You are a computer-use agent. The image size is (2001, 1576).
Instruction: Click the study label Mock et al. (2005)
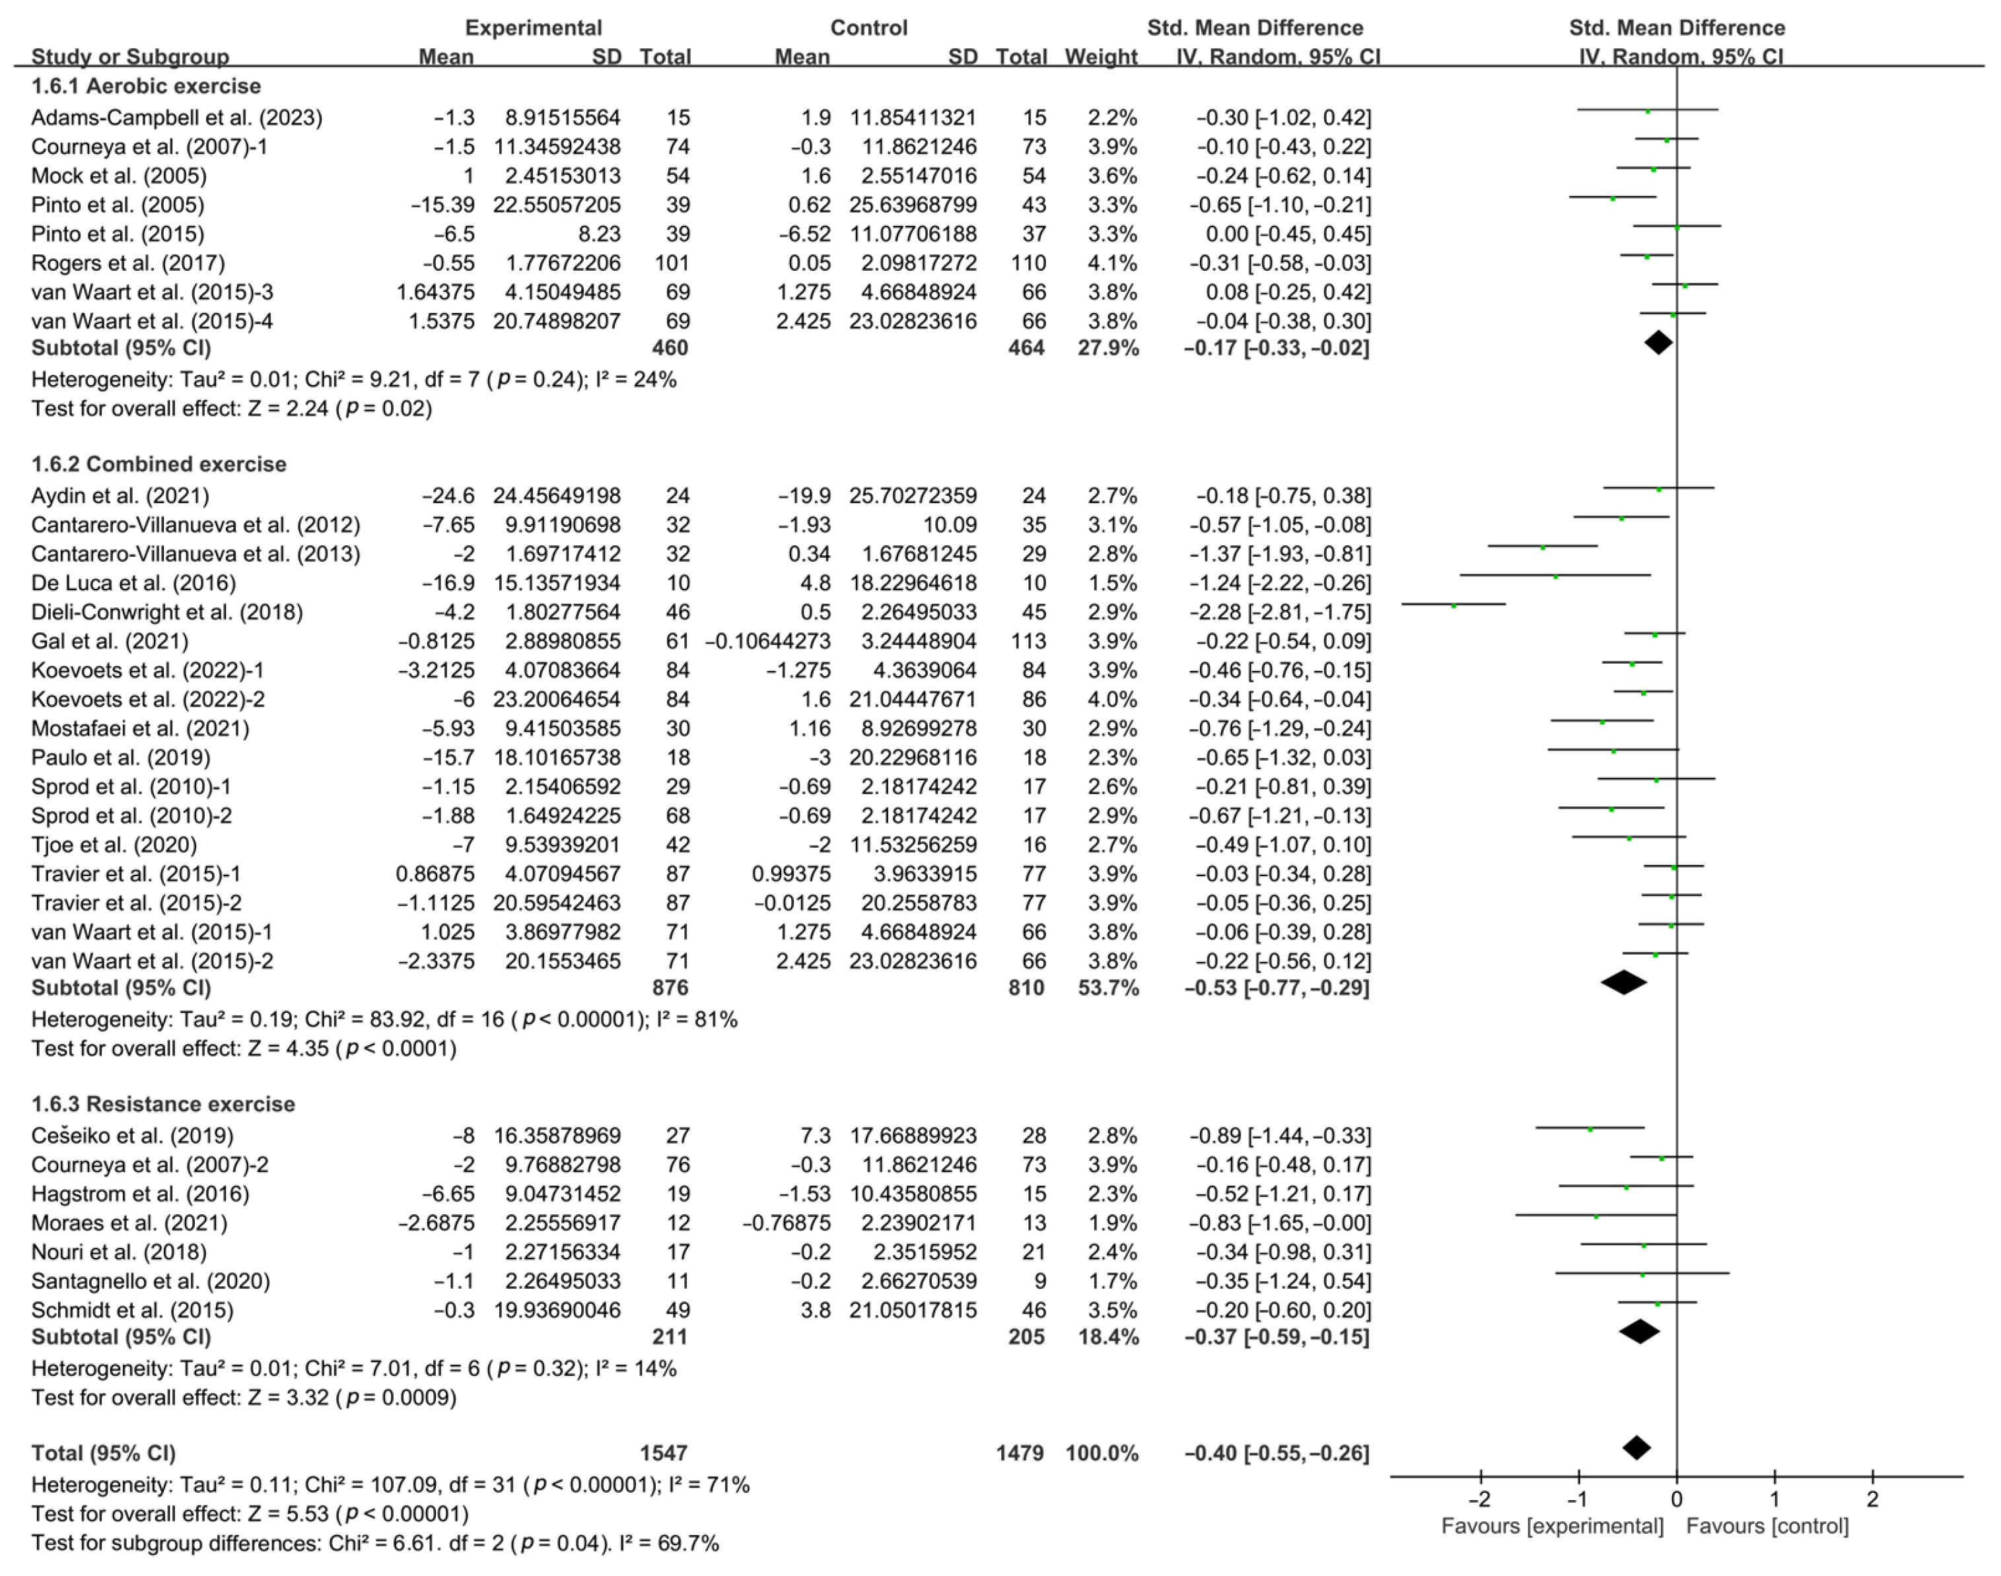click(118, 176)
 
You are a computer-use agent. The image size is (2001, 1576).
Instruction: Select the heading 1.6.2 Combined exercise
click(158, 464)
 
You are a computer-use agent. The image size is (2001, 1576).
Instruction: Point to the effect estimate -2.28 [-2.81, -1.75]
click(1279, 612)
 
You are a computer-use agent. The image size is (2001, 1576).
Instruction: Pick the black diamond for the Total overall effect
click(1636, 1448)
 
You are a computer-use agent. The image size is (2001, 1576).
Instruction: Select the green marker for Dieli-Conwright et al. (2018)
click(1454, 605)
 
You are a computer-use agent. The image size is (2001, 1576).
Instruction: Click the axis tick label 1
click(1774, 1499)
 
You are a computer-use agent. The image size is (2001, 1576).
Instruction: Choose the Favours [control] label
click(1767, 1526)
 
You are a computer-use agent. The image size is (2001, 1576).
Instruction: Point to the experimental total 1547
click(664, 1453)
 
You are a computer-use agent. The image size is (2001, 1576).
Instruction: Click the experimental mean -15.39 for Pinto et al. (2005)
click(443, 205)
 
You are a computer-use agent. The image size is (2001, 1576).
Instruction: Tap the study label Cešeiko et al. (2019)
click(132, 1136)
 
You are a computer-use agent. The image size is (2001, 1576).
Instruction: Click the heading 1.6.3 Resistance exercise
click(162, 1105)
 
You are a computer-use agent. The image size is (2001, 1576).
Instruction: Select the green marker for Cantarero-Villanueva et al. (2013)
click(1542, 547)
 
